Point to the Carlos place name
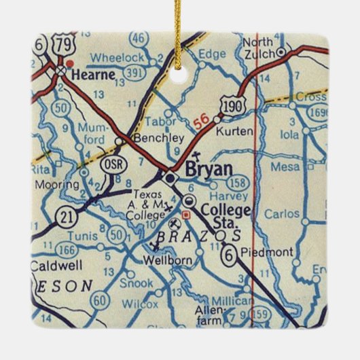click(x=281, y=215)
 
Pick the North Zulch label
click(x=259, y=48)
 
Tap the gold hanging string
click(x=179, y=31)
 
